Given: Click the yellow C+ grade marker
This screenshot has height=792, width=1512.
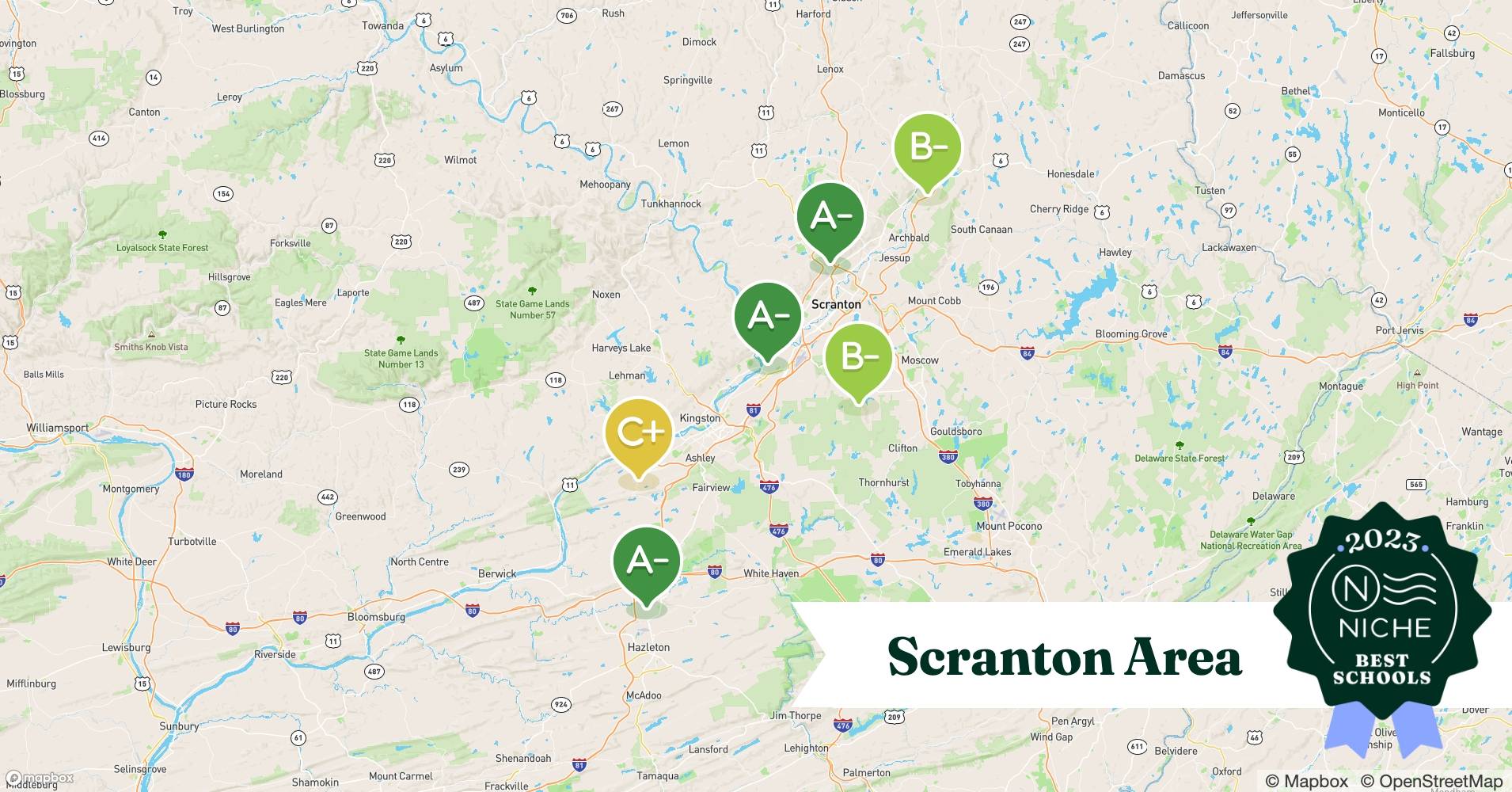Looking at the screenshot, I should coord(638,432).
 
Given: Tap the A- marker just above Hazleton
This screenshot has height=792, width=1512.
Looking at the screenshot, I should coord(647,562).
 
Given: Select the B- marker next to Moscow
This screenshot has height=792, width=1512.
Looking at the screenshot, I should coord(858,358).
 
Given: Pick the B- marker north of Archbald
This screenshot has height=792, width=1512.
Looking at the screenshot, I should coord(927,147).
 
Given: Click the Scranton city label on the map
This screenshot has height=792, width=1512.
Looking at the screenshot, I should coord(836,304).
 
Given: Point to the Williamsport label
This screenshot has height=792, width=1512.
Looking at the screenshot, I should coord(57,428).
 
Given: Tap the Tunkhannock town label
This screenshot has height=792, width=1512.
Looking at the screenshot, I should coord(671,204).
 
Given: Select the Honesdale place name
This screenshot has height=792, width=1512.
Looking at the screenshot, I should coord(1070,174).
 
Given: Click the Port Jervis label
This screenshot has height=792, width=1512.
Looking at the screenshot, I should coord(1399,330).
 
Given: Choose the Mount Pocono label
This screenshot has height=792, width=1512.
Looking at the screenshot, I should coord(1009,526).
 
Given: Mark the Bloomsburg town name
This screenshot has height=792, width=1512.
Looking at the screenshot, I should coord(376,617).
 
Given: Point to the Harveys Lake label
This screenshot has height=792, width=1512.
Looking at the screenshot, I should coord(621,348).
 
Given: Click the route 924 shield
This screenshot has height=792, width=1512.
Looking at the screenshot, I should coord(560,704).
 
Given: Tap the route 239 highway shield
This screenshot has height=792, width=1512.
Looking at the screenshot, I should coord(458,470).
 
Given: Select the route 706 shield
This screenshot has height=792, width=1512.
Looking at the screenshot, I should coord(566,15).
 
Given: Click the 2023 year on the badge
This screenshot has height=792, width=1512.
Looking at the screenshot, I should coord(1381,541).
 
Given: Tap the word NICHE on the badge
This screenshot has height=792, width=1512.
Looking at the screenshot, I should coord(1385,629).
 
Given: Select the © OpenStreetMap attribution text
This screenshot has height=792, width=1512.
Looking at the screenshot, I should coord(1431,782).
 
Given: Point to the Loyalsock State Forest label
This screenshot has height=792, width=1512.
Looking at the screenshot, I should coord(162,248).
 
